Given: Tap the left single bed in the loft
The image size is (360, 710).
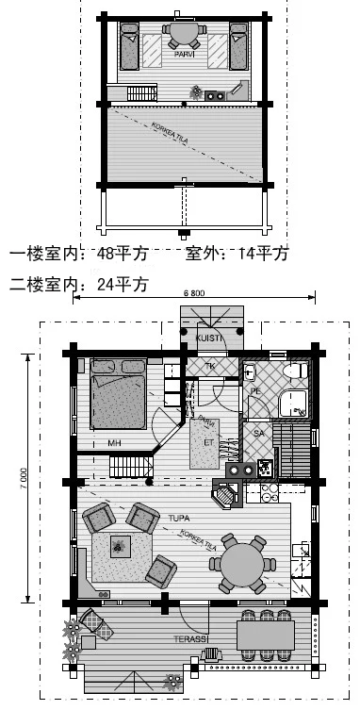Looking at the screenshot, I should tap(131, 48).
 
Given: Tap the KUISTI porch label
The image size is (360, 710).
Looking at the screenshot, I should tap(208, 338).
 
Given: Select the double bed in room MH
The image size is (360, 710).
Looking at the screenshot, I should tap(119, 401).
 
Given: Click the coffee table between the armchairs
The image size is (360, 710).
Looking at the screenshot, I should tap(120, 544).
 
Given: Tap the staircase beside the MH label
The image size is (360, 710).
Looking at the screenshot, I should tap(131, 465).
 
